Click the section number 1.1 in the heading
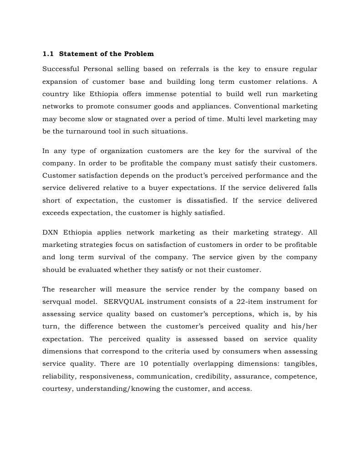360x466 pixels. (48, 54)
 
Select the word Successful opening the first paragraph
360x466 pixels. (61, 69)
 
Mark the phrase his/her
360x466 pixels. (305, 326)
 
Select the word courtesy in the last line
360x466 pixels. (57, 389)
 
